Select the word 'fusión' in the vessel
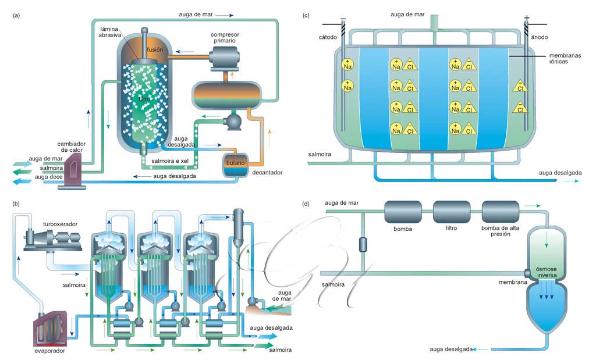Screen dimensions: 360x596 pyautogui.click(x=155, y=50)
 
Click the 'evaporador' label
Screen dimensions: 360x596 pyautogui.click(x=48, y=351)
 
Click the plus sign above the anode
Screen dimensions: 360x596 pyautogui.click(x=527, y=17)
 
